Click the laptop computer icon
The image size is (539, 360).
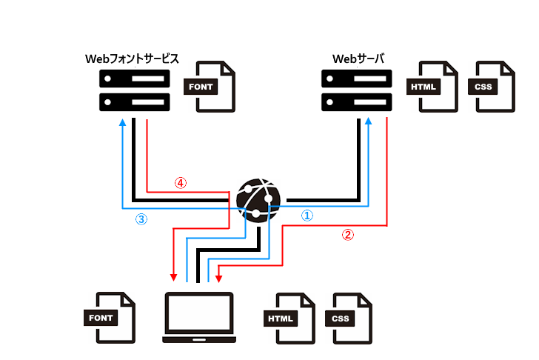198,318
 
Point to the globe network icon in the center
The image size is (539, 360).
258,201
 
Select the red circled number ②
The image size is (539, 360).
347,236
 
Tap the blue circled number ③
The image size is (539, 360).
141,220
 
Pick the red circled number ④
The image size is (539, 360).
179,182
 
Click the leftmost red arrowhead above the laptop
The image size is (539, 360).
173,278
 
